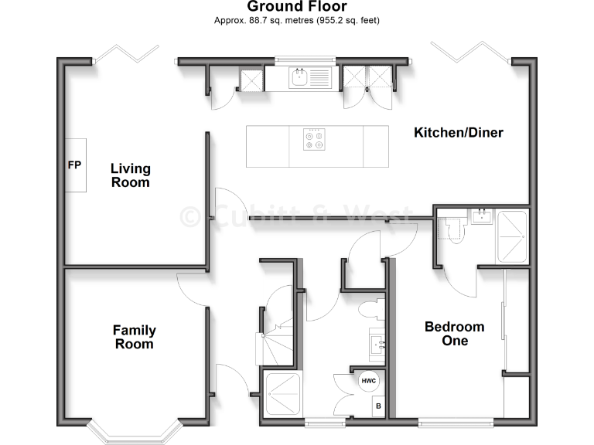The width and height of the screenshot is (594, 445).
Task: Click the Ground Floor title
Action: pyautogui.click(x=297, y=7)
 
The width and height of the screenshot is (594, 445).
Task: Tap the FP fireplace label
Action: pyautogui.click(x=75, y=165)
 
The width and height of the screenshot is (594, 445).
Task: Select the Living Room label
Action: pyautogui.click(x=130, y=175)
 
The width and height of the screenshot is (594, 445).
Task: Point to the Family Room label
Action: pyautogui.click(x=134, y=337)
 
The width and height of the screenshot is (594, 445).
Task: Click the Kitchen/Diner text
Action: pyautogui.click(x=459, y=133)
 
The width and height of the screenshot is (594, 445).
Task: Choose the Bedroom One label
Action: pyautogui.click(x=454, y=334)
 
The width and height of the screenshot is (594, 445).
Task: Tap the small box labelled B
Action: pyautogui.click(x=378, y=406)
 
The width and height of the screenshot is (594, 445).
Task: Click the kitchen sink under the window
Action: pyautogui.click(x=299, y=76)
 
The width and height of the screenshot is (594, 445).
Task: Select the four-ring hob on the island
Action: pyautogui.click(x=313, y=139)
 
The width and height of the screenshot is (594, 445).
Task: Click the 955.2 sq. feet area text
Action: pyautogui.click(x=343, y=21)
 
